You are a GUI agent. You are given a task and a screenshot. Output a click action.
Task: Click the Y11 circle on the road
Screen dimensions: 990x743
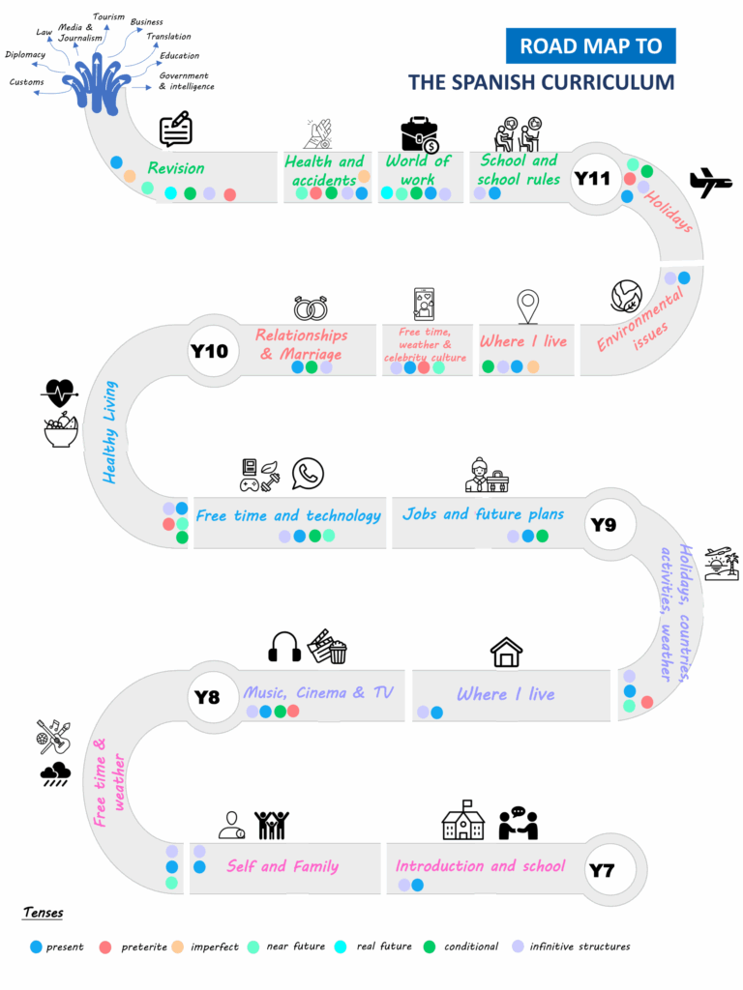point(592,178)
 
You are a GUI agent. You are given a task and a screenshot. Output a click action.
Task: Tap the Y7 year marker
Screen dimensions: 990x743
point(602,870)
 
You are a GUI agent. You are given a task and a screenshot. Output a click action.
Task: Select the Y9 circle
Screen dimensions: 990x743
point(603,525)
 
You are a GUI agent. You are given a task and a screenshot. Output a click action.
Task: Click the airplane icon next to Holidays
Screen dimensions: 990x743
point(710,181)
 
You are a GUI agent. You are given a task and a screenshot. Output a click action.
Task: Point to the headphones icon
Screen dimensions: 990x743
point(284,647)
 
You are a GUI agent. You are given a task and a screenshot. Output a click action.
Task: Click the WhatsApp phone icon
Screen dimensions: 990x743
point(308,474)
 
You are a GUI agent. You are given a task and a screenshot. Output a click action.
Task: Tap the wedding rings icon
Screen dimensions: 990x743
point(311,307)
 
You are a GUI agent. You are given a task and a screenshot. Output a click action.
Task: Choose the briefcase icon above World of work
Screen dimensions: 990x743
point(420,135)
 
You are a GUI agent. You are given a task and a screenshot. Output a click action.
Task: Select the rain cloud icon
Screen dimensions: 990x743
point(55,772)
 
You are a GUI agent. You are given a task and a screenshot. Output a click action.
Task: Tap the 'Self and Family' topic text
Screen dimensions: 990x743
point(282,866)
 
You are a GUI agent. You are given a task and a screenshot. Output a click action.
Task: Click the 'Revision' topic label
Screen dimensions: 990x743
point(176,168)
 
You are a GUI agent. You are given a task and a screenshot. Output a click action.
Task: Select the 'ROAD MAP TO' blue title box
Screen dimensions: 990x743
point(590,45)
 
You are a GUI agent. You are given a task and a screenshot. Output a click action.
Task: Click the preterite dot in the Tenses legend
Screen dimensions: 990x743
point(105,946)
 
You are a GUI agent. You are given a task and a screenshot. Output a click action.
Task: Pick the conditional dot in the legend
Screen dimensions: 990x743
point(430,946)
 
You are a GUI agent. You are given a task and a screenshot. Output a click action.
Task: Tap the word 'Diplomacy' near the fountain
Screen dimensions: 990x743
point(25,54)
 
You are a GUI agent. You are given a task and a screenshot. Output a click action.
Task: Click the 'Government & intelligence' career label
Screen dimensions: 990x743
point(186,81)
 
